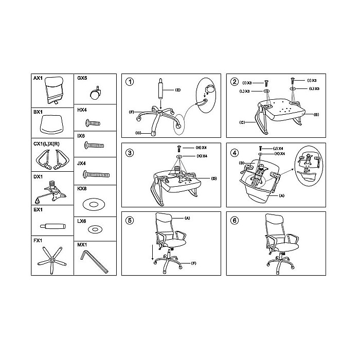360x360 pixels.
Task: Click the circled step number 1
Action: [130, 82]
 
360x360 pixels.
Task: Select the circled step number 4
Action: [235, 153]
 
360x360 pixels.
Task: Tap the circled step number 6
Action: [235, 221]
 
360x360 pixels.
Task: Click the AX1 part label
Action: [38, 78]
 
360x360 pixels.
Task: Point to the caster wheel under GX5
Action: [95, 93]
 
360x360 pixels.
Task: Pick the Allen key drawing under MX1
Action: [94, 262]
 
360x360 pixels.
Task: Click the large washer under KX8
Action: [94, 204]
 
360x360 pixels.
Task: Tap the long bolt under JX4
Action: [96, 175]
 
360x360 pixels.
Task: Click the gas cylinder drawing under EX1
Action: [53, 226]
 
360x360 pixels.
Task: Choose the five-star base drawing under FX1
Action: [52, 260]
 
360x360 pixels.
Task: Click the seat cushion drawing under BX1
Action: [51, 124]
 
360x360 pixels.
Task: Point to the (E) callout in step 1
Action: [178, 90]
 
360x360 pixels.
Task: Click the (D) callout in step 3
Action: [214, 178]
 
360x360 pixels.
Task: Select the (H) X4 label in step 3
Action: [201, 148]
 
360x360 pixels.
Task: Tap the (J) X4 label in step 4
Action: [278, 149]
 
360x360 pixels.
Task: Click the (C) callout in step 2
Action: [242, 122]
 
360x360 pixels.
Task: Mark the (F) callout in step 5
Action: [193, 263]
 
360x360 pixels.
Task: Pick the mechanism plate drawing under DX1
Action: [50, 192]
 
